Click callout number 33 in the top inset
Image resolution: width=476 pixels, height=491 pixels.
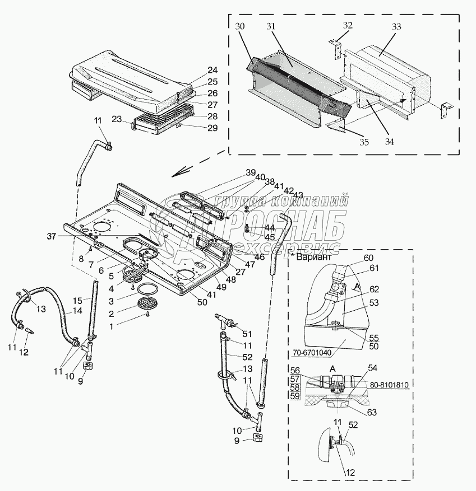396,27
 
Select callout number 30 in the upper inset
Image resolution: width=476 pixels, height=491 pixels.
240,26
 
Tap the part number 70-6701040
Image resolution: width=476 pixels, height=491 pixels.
312,353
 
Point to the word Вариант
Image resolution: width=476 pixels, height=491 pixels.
313,257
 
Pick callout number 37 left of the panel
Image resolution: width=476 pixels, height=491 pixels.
52,237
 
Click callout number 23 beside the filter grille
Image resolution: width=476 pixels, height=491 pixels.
117,119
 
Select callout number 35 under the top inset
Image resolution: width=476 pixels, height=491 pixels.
364,142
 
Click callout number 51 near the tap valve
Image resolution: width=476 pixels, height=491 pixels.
247,334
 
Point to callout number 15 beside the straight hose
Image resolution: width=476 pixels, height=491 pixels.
77,301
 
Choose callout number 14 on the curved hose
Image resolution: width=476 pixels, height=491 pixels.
77,311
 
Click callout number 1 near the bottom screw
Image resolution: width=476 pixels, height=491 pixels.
111,326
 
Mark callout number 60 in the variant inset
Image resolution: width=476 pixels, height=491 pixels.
369,258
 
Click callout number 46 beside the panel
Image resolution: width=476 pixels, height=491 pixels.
260,257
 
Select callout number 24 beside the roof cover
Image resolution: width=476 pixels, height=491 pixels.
212,70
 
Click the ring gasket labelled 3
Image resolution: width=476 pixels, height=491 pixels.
147,289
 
